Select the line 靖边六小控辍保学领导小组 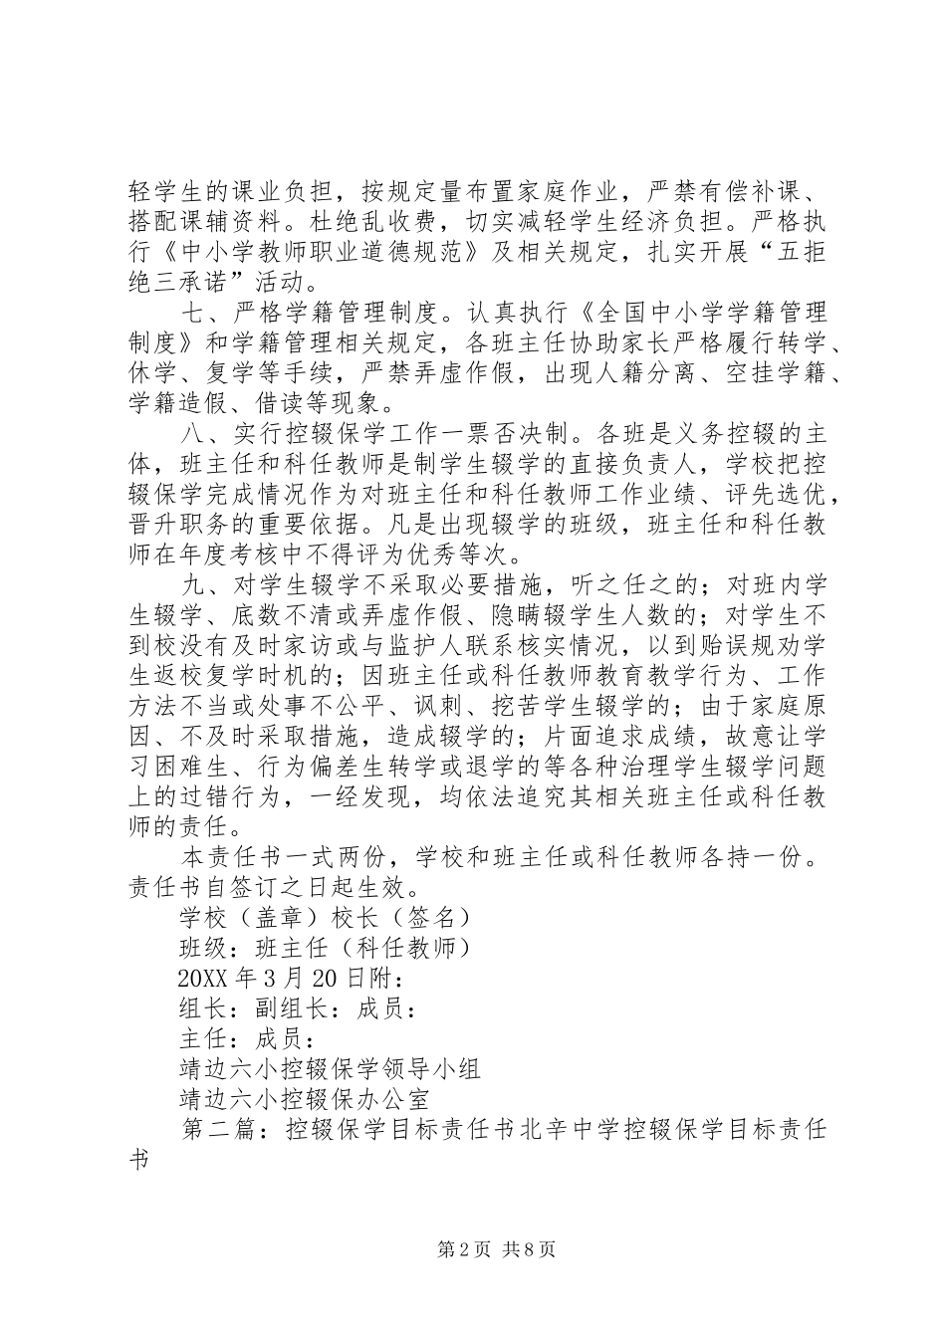tap(329, 1069)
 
